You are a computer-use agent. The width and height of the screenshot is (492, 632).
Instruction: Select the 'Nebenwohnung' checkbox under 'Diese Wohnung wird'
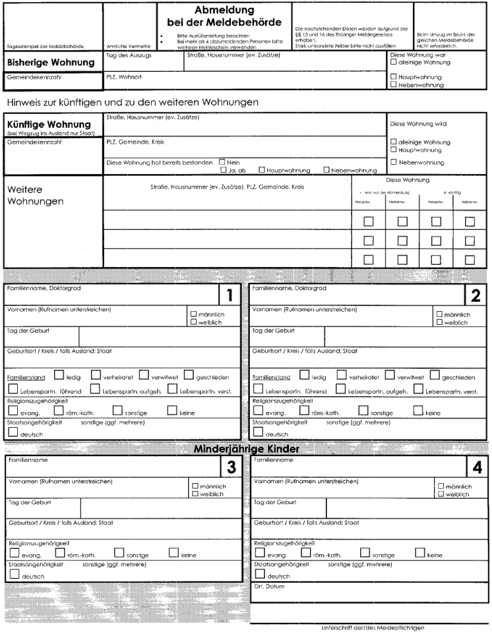(394, 161)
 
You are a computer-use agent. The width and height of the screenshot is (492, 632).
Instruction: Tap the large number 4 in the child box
(477, 467)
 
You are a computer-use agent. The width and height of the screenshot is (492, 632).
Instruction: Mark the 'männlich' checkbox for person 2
(439, 315)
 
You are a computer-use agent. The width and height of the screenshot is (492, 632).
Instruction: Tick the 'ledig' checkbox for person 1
(59, 376)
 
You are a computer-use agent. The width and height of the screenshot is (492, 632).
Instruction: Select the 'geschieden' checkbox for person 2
(435, 376)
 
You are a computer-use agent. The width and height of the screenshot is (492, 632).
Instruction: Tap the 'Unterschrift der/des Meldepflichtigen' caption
(371, 627)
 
